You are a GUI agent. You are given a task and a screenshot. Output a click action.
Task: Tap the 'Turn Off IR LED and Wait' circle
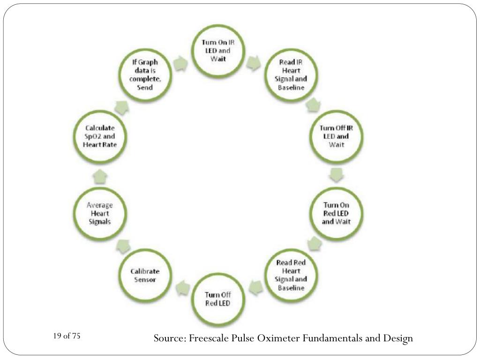click(x=336, y=136)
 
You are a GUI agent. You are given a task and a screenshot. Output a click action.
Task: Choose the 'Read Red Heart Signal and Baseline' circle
click(x=291, y=274)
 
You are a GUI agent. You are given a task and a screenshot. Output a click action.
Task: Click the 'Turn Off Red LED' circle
click(x=217, y=298)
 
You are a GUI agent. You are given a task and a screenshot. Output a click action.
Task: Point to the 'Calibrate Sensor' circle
click(x=145, y=275)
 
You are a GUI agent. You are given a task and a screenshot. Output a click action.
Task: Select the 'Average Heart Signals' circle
click(x=100, y=213)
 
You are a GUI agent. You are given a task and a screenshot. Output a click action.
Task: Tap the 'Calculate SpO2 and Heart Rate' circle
click(x=100, y=136)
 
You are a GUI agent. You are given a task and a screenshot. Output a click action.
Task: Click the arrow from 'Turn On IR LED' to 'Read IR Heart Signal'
click(x=254, y=63)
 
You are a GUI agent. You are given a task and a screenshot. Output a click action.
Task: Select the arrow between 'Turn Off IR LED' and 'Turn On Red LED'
click(x=336, y=175)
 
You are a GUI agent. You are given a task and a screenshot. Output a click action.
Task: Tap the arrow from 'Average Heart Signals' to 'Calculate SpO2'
click(x=99, y=176)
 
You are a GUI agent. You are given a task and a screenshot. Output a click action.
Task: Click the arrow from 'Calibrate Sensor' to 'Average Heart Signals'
click(x=123, y=244)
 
